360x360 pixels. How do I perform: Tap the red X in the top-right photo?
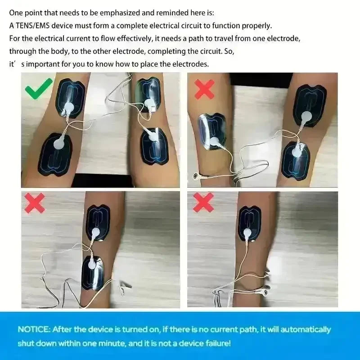click(x=204, y=89)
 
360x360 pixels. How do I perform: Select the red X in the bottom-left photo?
click(x=35, y=203)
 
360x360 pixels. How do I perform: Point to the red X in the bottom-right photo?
click(x=203, y=202)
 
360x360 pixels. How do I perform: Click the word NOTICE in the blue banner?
click(x=34, y=329)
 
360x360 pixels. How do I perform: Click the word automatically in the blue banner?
click(x=306, y=330)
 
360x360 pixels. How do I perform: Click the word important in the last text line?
click(x=42, y=64)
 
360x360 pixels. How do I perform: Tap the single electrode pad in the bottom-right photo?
click(x=249, y=224)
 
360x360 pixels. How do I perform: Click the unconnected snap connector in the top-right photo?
click(x=196, y=176)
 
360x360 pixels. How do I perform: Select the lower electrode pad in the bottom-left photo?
click(x=93, y=273)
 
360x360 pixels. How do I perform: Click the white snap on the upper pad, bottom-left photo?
click(x=95, y=233)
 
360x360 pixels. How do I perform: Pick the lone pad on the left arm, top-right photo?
click(x=212, y=131)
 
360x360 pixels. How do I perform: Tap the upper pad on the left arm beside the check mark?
click(x=71, y=98)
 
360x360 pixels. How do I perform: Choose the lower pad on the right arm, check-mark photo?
click(x=154, y=146)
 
